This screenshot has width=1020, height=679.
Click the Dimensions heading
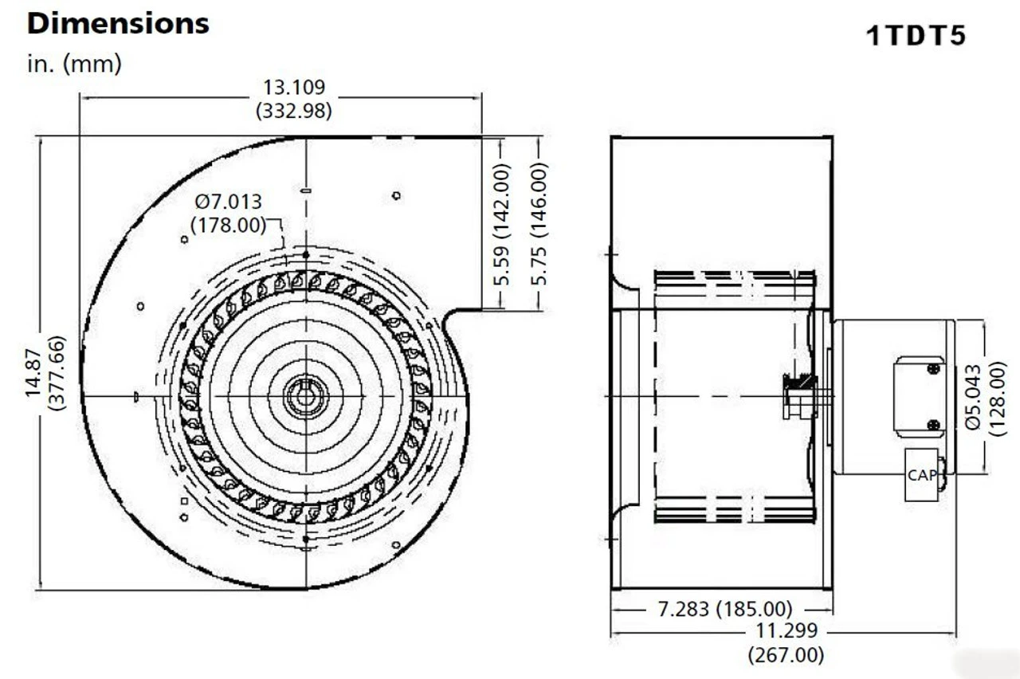click(x=118, y=23)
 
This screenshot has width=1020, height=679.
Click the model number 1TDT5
click(x=916, y=37)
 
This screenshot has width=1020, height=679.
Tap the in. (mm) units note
click(x=74, y=65)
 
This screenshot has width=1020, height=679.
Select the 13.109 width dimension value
click(x=294, y=87)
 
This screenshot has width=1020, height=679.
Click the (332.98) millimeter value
click(x=294, y=111)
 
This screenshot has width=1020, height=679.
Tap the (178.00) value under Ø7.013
click(x=229, y=225)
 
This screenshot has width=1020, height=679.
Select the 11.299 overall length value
click(x=786, y=631)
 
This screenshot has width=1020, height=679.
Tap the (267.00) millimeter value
click(x=786, y=655)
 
